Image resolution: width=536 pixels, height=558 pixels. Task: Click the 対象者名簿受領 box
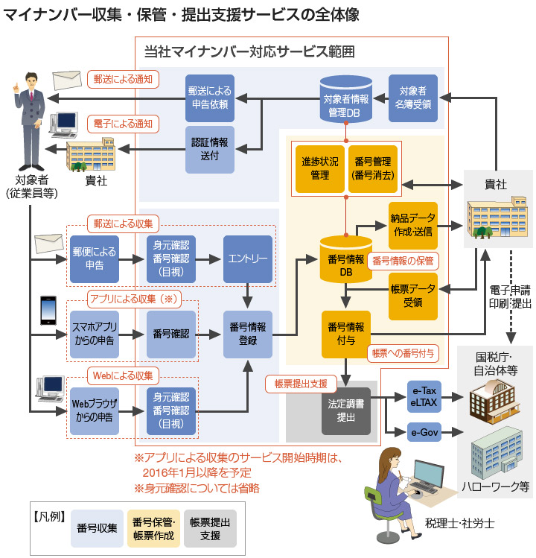tap(414, 98)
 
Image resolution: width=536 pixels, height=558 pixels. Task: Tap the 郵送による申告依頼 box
tap(209, 98)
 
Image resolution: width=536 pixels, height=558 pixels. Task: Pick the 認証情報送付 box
tap(209, 149)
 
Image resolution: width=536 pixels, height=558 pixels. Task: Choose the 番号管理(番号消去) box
tap(372, 168)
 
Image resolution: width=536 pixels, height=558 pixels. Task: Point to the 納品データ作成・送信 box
tap(413, 225)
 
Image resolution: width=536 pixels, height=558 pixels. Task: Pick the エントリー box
tap(248, 259)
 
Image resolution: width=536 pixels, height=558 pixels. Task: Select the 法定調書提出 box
tap(346, 410)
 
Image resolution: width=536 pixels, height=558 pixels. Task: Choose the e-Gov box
tap(424, 431)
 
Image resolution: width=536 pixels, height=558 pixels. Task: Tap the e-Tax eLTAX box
tap(424, 395)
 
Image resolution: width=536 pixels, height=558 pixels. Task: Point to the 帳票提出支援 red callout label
tap(301, 384)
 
